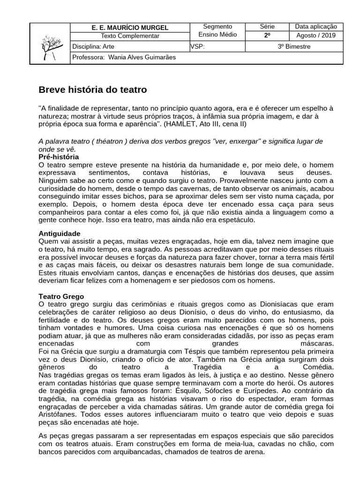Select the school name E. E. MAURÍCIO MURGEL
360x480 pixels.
tap(130, 28)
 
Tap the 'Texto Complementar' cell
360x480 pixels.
tap(130, 36)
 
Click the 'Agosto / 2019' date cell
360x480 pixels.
tap(316, 36)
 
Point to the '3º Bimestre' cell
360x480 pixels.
tap(294, 46)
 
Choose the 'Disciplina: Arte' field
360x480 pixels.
tap(94, 46)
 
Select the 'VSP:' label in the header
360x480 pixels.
tap(197, 46)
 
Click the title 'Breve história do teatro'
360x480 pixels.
tap(92, 90)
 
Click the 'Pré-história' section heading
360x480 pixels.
tap(59, 157)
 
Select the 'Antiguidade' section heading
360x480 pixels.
tap(59, 233)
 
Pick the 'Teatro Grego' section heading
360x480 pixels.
tap(61, 297)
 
